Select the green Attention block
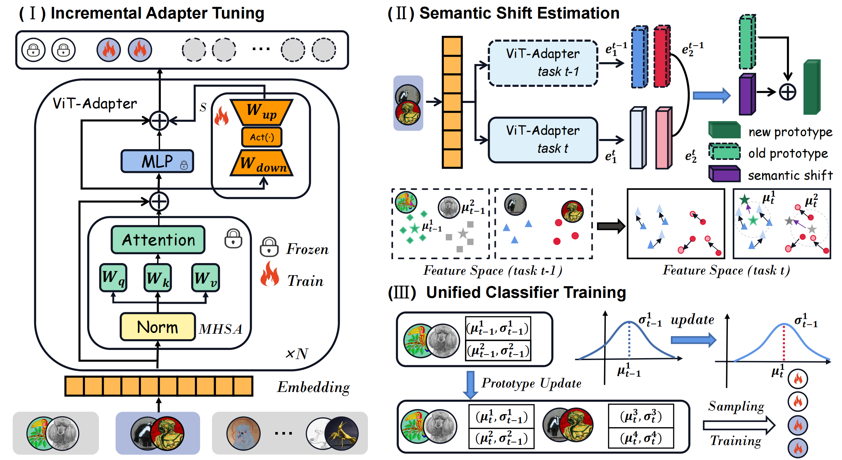tap(158, 240)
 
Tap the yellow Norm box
tap(157, 327)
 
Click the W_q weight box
tap(113, 277)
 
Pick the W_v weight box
tap(205, 277)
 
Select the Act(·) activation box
tap(262, 137)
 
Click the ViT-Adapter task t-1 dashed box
tap(543, 63)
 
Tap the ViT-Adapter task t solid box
tap(543, 140)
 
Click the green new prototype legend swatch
tap(724, 130)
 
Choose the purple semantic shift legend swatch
tap(724, 174)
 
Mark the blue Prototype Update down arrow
tap(470, 384)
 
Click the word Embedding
tap(313, 387)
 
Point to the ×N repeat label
tap(297, 353)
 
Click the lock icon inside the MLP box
tap(184, 165)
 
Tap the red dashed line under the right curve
tap(784, 343)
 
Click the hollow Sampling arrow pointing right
tap(739, 425)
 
